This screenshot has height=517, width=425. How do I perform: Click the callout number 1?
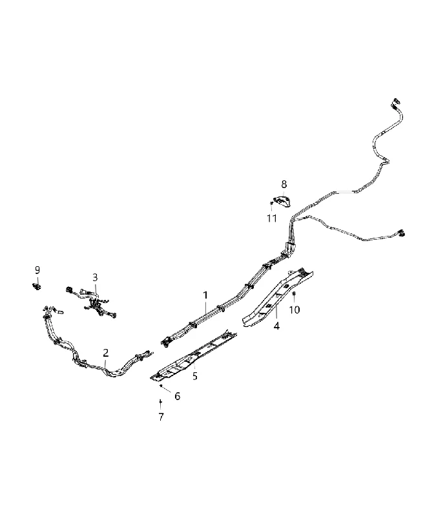tap(205, 295)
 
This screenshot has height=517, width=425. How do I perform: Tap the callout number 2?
tap(105, 353)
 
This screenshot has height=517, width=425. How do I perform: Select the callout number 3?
tap(95, 277)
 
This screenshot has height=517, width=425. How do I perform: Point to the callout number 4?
tap(276, 326)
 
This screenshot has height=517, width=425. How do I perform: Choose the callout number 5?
tap(195, 376)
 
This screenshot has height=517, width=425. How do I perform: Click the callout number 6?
tap(177, 396)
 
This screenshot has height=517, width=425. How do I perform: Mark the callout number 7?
tap(161, 417)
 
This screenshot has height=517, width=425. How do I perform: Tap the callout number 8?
tap(284, 184)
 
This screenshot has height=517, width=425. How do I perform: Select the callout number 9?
tap(37, 270)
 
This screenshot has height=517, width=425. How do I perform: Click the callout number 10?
tap(295, 310)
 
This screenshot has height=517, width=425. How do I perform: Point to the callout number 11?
tap(272, 218)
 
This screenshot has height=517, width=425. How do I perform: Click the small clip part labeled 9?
tap(37, 286)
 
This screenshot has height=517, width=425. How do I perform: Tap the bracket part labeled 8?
tap(283, 201)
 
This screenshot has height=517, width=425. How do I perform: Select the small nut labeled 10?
tap(294, 293)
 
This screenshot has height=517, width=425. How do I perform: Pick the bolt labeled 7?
tap(160, 403)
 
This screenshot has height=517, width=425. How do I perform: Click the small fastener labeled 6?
tap(161, 385)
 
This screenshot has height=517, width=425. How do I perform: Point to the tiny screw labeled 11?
tap(271, 203)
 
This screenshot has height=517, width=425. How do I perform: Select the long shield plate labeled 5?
tap(194, 357)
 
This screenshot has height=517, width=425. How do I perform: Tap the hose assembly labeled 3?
tap(92, 301)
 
